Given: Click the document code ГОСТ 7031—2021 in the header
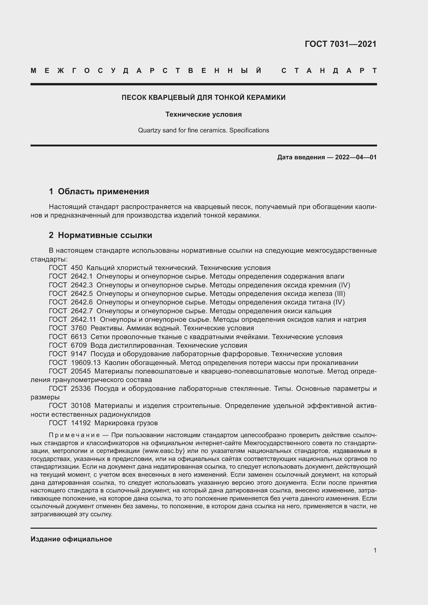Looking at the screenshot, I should point(340,44).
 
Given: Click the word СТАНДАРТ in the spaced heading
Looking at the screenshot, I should point(329,71).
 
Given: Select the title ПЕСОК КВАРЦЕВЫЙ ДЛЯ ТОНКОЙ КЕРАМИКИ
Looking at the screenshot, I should point(203,98).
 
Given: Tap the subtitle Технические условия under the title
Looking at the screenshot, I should point(203,114).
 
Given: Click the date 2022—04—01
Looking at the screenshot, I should point(356,157).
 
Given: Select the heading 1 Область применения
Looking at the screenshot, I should point(99,191).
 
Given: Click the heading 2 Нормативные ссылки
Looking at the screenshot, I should point(100,235).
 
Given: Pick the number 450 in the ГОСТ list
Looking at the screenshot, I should point(77,268).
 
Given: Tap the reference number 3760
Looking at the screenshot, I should point(79,328).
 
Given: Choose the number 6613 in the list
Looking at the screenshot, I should point(79,337).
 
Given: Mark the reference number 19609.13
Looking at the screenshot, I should point(86,363).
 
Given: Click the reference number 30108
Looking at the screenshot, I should point(81,406).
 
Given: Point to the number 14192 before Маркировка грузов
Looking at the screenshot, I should point(81,423).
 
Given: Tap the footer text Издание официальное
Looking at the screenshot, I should point(71,539).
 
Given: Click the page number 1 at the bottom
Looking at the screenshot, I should point(375,550).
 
